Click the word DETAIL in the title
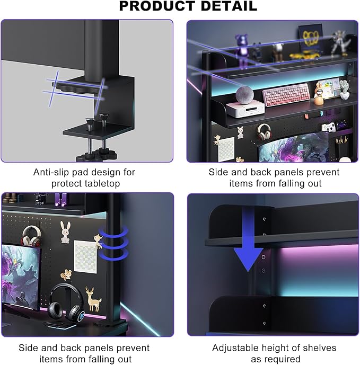tap(229, 6)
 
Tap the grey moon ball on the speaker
tap(244, 95)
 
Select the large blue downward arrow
tap(248, 239)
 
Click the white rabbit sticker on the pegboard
tap(65, 232)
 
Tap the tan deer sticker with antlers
tap(93, 299)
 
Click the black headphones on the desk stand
tap(65, 302)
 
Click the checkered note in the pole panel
tap(85, 256)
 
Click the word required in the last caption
tap(276, 359)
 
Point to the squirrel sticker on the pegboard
tap(66, 274)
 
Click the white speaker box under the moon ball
tap(245, 109)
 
